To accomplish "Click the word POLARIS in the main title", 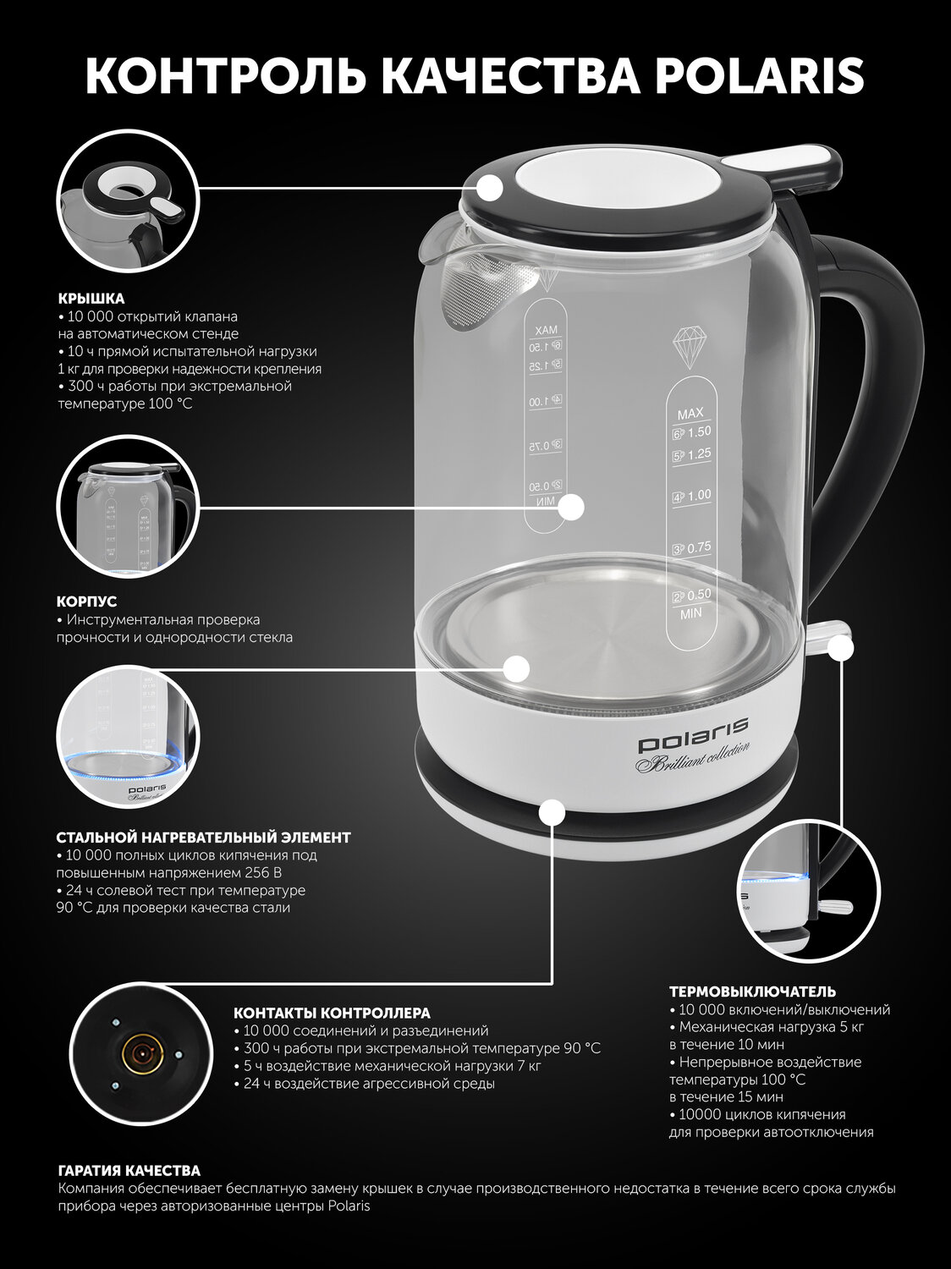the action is point(760,75).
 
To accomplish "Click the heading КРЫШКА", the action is point(91,299).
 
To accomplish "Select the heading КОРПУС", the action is point(86,602).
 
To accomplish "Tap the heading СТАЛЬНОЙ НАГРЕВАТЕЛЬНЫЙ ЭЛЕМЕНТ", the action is point(204,838).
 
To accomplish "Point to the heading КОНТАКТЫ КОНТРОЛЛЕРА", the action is point(332,1014).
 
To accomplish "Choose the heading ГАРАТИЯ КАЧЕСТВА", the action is point(129,1172).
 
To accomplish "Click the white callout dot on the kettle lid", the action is point(490,189).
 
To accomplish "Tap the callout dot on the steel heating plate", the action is point(516,669).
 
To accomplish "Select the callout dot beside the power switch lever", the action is point(840,648).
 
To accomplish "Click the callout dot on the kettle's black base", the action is point(552,812).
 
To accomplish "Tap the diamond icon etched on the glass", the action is point(690,348).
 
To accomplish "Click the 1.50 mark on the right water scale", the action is point(692,432).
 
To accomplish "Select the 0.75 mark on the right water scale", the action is point(692,547).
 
